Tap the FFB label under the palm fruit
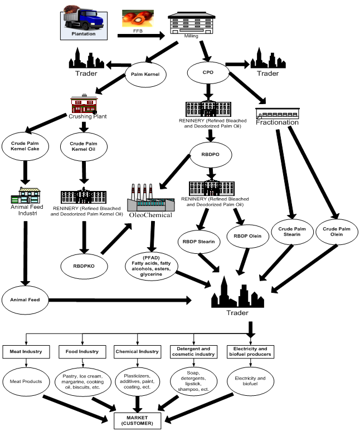[x=138, y=32]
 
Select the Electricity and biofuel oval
[x=249, y=381]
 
